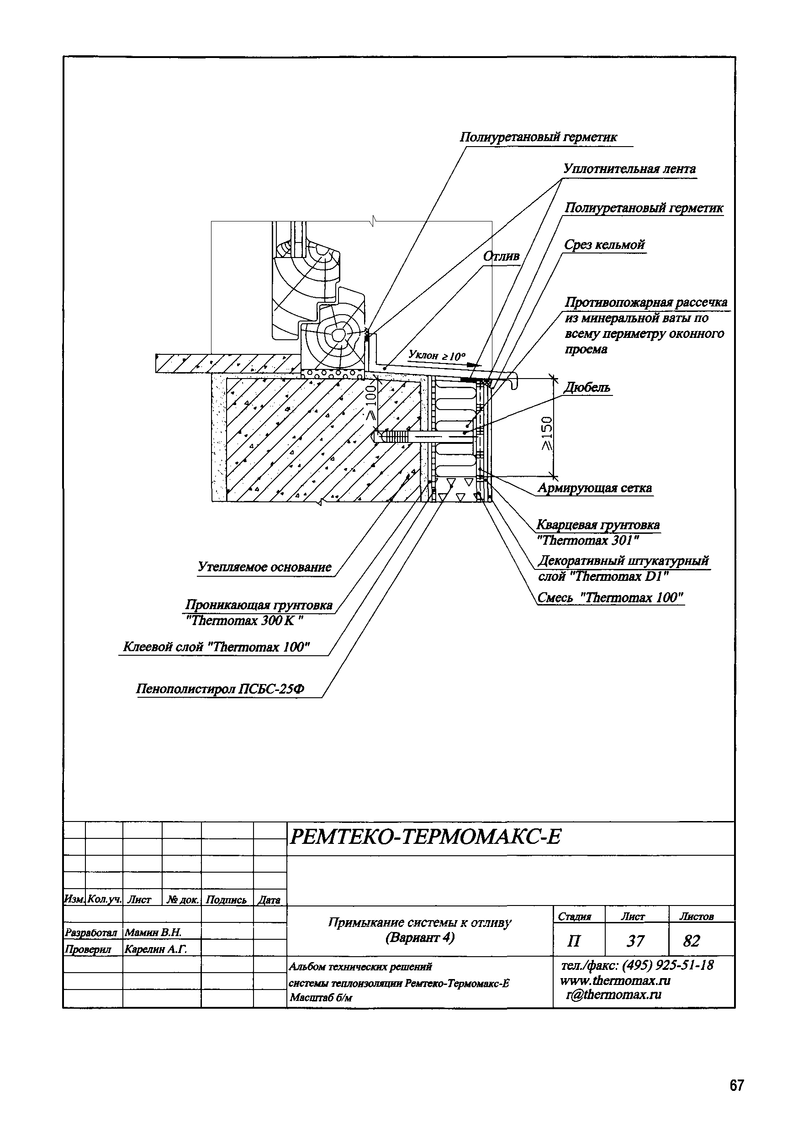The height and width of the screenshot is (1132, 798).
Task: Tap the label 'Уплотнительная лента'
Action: click(x=629, y=169)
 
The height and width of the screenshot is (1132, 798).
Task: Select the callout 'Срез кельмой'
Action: click(x=605, y=245)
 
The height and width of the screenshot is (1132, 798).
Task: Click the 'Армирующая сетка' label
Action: click(x=595, y=488)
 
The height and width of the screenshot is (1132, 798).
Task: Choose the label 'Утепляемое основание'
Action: click(x=265, y=567)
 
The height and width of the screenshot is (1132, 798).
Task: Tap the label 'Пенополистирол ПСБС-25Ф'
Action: click(x=220, y=689)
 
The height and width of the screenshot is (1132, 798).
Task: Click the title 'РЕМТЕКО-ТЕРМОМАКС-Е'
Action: click(x=425, y=837)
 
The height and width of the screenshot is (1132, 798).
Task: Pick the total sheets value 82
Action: click(x=692, y=941)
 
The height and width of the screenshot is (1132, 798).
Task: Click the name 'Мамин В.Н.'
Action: click(x=153, y=932)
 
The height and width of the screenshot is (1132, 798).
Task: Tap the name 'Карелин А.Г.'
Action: click(x=156, y=949)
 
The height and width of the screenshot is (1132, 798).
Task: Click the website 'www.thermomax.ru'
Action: click(x=615, y=980)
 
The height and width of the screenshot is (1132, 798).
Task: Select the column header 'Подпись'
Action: click(x=226, y=900)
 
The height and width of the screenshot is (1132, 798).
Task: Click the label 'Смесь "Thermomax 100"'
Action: click(x=611, y=598)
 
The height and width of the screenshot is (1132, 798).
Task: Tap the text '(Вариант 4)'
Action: click(x=420, y=937)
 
